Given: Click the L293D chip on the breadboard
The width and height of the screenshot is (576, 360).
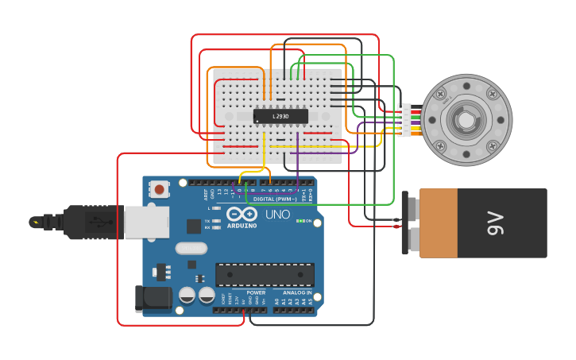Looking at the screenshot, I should [280, 116].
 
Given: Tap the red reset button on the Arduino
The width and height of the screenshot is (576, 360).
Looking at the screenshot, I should [160, 189].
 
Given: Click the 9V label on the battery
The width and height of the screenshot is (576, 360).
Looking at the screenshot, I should [494, 223].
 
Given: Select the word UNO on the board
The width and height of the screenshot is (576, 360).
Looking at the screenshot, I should [277, 215].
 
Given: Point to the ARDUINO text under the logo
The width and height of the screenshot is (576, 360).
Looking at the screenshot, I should [242, 226].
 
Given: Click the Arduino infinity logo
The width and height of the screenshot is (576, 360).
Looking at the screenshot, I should [241, 214].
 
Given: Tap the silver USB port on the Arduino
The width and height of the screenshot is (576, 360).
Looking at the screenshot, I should [146, 223].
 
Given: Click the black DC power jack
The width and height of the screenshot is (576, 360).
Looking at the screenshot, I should [153, 298].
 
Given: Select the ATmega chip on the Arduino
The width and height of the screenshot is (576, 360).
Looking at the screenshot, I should [265, 275].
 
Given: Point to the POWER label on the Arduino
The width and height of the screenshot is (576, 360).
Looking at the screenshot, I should [256, 292].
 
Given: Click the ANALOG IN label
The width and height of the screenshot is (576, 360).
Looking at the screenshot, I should [297, 292].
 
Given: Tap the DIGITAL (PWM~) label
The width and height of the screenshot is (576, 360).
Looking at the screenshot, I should [275, 199].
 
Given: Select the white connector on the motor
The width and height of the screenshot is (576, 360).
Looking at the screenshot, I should [405, 121].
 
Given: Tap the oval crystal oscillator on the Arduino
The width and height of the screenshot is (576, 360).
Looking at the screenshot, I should [191, 248].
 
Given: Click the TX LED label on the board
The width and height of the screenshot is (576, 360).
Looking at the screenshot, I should [207, 221].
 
